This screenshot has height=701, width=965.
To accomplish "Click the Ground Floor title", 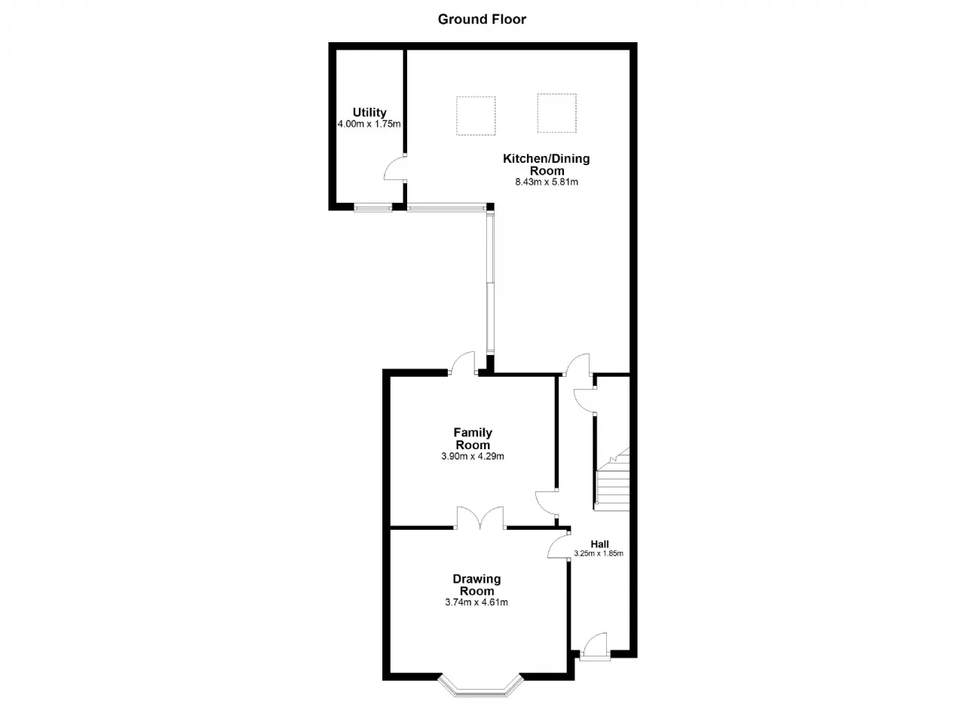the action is [482, 20].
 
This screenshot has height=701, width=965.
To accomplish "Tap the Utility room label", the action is [369, 112].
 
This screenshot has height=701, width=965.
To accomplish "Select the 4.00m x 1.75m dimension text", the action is [369, 124].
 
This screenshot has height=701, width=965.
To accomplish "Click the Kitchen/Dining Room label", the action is [547, 164].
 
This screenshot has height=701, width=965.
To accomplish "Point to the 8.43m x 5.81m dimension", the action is [547, 182].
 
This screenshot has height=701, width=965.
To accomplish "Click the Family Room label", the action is [473, 439].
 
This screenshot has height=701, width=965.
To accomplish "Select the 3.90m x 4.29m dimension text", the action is [473, 456].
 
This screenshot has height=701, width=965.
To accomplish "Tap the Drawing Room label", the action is [476, 585].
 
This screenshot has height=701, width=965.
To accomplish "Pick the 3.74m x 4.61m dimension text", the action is [476, 602].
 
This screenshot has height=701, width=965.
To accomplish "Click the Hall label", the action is [599, 544].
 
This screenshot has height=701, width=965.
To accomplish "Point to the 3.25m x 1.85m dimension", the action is [599, 553].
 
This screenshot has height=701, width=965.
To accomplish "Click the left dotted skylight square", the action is [476, 116].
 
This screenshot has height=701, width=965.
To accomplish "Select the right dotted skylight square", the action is [556, 113].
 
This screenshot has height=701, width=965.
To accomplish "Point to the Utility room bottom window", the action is [372, 208].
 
